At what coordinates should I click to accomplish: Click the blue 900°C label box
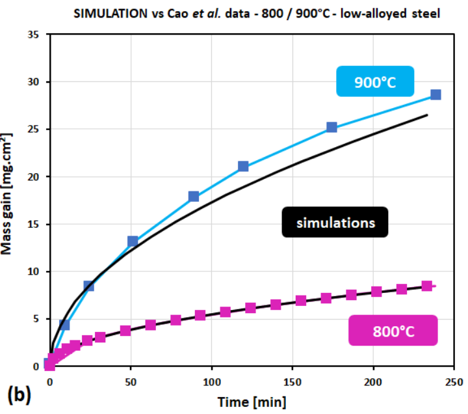point(375,81)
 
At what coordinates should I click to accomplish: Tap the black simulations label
point(335,222)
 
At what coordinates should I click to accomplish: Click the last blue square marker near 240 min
point(435,94)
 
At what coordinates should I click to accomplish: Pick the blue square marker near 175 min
point(331,127)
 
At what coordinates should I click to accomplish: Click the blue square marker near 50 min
point(133,241)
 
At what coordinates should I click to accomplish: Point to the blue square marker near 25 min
point(89,285)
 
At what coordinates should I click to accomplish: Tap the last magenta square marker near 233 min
point(426,286)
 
